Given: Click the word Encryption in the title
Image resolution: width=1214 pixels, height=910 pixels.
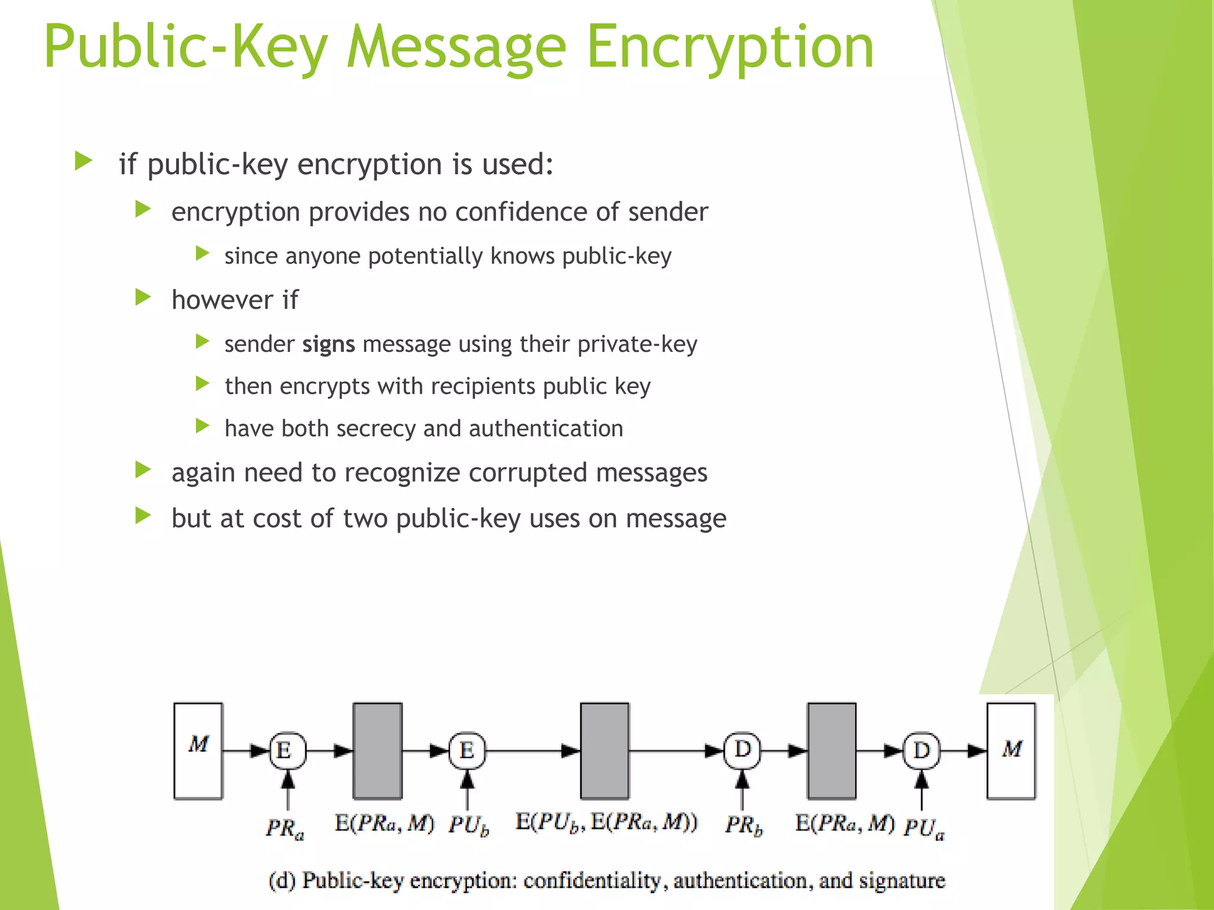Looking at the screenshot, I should [x=730, y=47].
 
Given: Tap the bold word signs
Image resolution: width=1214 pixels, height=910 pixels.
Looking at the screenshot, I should [x=328, y=344].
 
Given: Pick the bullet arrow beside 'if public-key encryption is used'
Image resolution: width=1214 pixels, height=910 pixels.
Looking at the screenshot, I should [x=84, y=161].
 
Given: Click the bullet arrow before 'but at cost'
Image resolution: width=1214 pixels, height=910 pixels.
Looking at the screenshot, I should [x=143, y=516].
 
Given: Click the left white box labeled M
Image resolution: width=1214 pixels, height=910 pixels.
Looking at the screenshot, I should [x=198, y=751].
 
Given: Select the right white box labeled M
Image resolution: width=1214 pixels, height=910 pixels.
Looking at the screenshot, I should [x=1011, y=751].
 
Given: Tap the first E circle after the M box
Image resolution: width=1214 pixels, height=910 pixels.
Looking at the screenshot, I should [x=287, y=751].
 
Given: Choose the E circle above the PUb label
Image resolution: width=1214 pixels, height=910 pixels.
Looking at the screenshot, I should [x=467, y=751].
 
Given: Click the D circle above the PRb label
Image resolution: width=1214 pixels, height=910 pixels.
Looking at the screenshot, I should [x=742, y=751].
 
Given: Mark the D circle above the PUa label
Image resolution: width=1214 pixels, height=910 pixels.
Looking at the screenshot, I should [x=921, y=751].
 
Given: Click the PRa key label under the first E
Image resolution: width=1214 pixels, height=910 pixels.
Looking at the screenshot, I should [x=285, y=828].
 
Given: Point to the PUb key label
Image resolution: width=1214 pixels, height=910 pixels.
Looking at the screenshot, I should [x=468, y=825].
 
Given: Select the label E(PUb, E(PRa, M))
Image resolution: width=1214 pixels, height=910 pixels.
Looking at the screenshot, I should [x=606, y=822].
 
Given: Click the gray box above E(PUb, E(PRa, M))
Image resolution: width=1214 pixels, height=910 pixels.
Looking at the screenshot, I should [x=605, y=751].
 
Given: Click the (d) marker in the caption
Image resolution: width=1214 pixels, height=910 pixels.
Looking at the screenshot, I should [x=282, y=881].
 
